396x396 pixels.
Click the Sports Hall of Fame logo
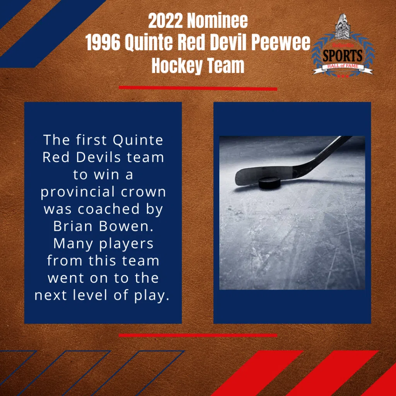pyautogui.click(x=343, y=46)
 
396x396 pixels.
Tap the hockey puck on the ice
pyautogui.click(x=269, y=183)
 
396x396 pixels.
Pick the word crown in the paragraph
pyautogui.click(x=148, y=192)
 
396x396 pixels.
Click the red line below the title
pyautogui.click(x=198, y=88)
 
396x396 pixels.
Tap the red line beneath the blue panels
pyautogui.click(x=198, y=335)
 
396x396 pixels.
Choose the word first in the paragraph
pyautogui.click(x=92, y=140)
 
